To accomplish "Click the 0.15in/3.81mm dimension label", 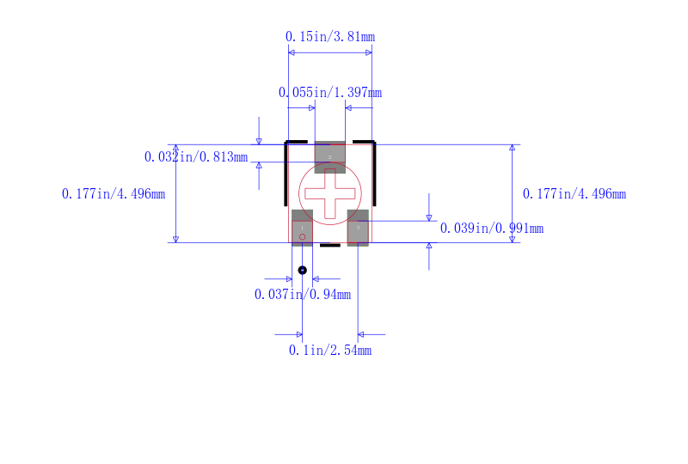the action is tap(330, 36).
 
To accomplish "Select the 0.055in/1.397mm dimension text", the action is tap(330, 93).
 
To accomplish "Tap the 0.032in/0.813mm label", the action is tap(196, 157).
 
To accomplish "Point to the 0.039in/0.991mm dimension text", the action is tap(492, 228).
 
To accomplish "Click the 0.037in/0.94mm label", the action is tap(303, 294).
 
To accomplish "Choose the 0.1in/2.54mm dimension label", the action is tap(330, 350).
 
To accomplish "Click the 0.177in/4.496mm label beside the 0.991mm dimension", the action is tap(574, 194).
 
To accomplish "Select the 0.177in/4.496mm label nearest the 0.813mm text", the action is tap(114, 194).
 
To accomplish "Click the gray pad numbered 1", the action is tap(303, 228).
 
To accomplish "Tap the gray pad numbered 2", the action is tap(330, 157).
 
